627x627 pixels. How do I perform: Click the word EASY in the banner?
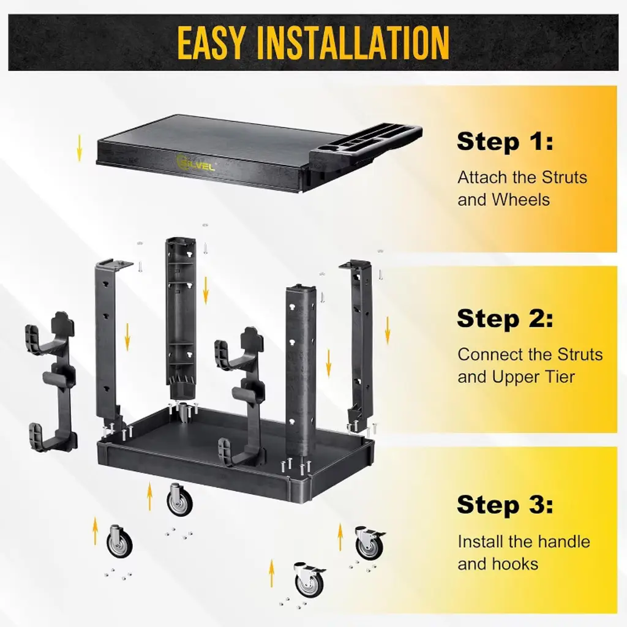click(211, 42)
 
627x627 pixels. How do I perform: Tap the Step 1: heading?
click(505, 141)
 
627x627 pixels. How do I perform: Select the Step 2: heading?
click(505, 318)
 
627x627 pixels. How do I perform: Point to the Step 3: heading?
click(505, 505)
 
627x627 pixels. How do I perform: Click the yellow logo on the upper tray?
click(195, 163)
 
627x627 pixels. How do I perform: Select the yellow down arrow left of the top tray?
click(79, 148)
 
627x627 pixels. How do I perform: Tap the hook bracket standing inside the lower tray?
click(241, 396)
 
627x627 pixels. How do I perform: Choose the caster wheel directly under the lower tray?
click(179, 500)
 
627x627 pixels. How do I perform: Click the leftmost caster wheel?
click(119, 542)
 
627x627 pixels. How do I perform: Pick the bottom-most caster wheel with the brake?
click(309, 580)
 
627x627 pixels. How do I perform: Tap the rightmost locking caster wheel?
click(369, 543)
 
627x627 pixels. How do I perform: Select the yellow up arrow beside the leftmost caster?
click(95, 531)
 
